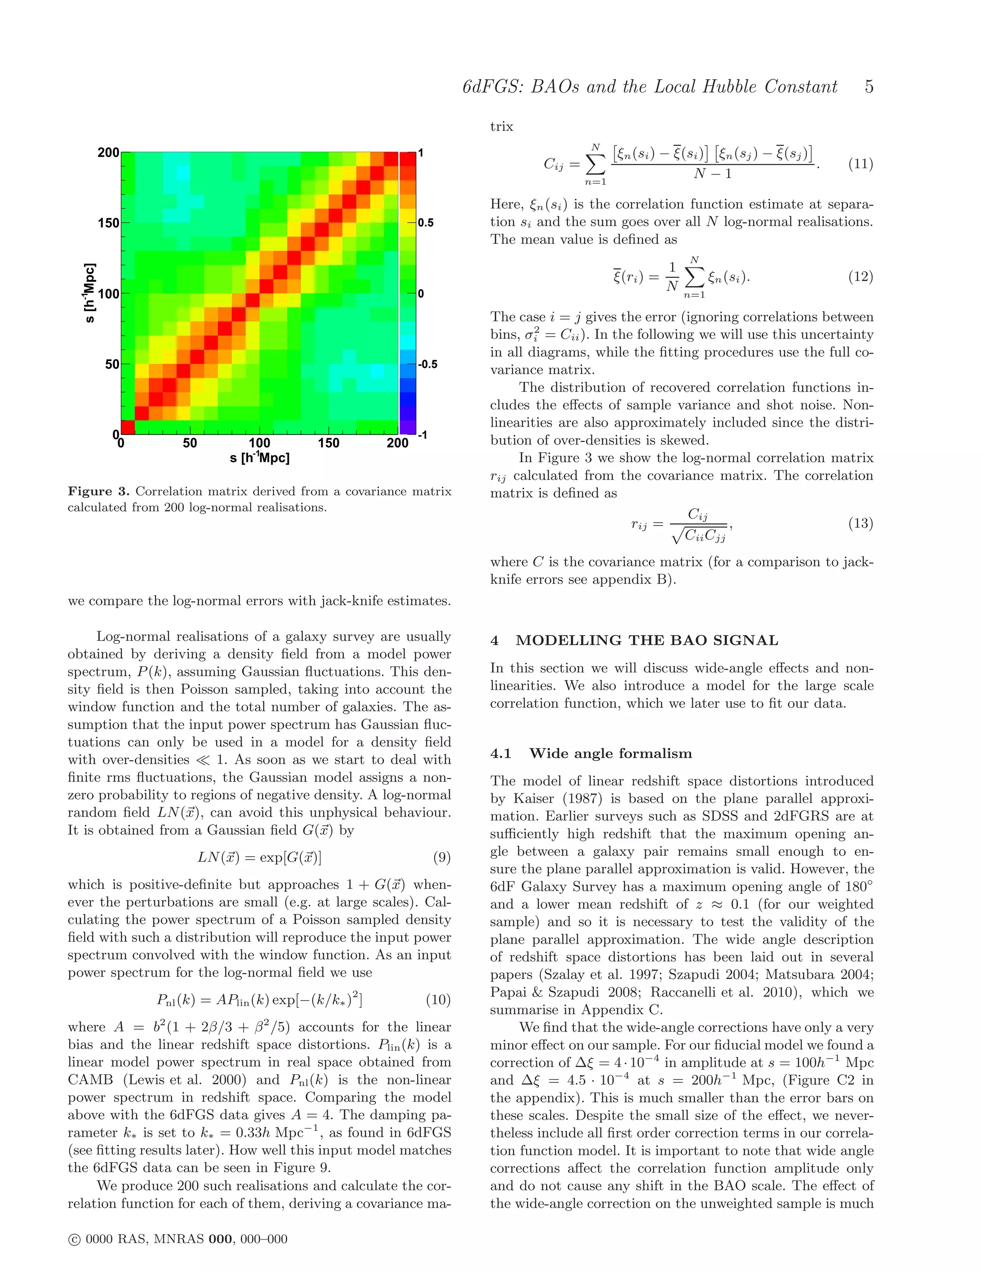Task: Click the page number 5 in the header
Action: (x=868, y=87)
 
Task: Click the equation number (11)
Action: (x=860, y=164)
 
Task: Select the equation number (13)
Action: (x=860, y=523)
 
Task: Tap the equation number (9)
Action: (x=442, y=857)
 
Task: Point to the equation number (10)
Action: (x=438, y=1000)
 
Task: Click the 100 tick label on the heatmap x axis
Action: (x=259, y=443)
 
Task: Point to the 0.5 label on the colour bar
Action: (x=426, y=223)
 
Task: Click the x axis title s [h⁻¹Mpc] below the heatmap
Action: (x=259, y=458)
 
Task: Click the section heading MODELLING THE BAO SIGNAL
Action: (x=647, y=641)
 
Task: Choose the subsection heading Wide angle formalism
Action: (x=611, y=754)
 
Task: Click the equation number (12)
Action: (x=860, y=276)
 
